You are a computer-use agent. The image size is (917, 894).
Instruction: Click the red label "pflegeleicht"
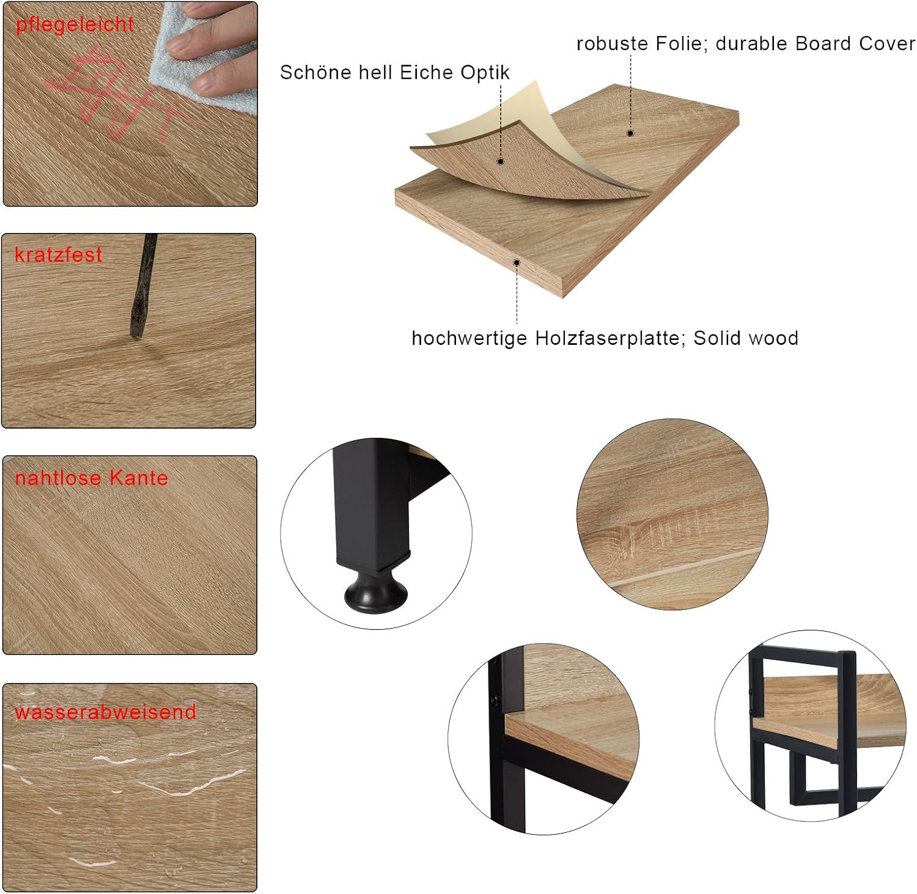click(75, 25)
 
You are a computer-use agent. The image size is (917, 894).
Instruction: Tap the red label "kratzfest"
click(58, 255)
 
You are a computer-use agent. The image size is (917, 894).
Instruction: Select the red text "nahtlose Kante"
click(91, 478)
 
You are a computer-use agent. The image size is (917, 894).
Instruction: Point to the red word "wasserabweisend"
click(105, 712)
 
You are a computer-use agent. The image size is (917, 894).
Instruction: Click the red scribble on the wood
click(116, 98)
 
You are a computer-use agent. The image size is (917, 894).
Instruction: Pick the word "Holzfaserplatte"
click(609, 338)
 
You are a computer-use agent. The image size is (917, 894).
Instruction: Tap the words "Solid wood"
click(746, 338)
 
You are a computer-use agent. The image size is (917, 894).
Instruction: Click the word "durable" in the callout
click(753, 43)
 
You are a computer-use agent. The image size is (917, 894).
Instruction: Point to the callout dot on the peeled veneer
click(500, 161)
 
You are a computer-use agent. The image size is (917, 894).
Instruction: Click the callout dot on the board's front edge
click(517, 263)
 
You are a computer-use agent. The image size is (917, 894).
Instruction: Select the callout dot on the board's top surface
click(630, 133)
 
